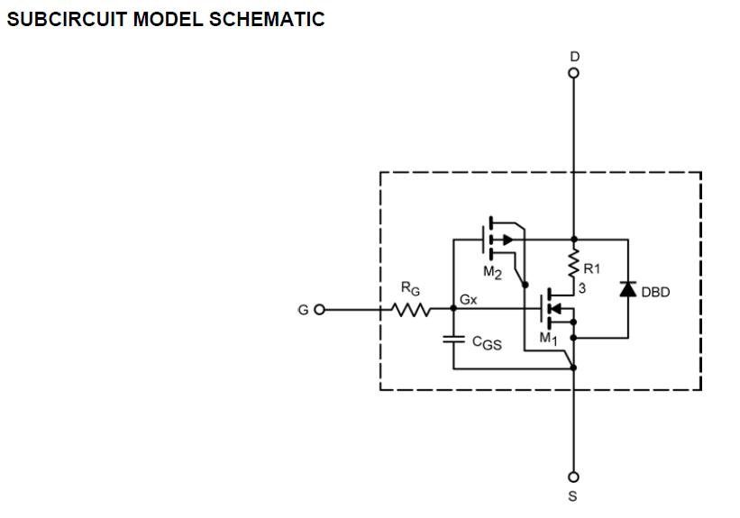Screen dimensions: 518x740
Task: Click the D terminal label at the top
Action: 574,57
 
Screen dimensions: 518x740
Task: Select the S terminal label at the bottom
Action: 574,495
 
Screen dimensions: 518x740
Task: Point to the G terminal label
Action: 304,310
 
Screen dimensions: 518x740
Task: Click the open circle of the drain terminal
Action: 574,73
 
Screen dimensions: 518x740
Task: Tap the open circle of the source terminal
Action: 574,477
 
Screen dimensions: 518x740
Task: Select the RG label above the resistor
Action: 410,290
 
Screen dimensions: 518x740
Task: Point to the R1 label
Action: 592,268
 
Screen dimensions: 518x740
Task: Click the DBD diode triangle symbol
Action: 628,289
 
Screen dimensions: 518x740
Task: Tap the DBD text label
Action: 655,291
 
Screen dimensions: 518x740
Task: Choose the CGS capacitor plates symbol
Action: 453,339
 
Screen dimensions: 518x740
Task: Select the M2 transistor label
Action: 492,273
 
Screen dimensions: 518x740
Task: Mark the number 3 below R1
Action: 582,286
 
